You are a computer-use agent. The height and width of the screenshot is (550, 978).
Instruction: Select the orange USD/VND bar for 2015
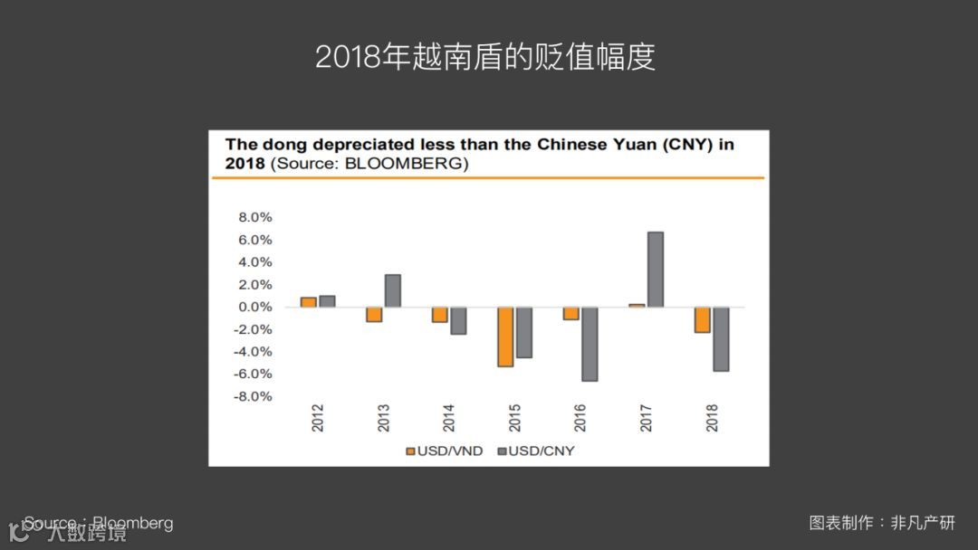tap(505, 337)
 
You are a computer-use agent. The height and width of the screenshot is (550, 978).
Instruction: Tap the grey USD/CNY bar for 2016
tap(589, 344)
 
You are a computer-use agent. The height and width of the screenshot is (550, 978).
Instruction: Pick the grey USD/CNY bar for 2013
tap(392, 290)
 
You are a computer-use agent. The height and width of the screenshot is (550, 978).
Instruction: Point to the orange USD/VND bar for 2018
tap(702, 319)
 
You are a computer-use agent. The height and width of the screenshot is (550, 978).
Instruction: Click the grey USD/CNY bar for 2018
tap(721, 338)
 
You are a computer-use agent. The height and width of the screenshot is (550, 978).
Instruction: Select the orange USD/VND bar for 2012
tap(309, 302)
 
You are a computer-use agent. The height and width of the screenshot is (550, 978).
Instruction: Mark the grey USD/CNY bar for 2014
tap(458, 320)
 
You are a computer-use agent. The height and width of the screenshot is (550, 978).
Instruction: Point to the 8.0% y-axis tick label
tap(254, 218)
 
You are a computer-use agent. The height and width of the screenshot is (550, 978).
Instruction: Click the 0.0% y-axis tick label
tap(254, 308)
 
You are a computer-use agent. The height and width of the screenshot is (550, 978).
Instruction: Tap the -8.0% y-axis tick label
tap(253, 396)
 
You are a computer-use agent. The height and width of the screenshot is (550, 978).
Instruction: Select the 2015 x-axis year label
tap(514, 418)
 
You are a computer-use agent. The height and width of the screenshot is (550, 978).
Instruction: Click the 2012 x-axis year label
tap(318, 418)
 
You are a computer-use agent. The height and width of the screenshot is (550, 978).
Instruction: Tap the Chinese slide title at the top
tap(485, 57)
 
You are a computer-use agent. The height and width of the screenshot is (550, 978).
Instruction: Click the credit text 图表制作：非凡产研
tap(881, 523)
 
